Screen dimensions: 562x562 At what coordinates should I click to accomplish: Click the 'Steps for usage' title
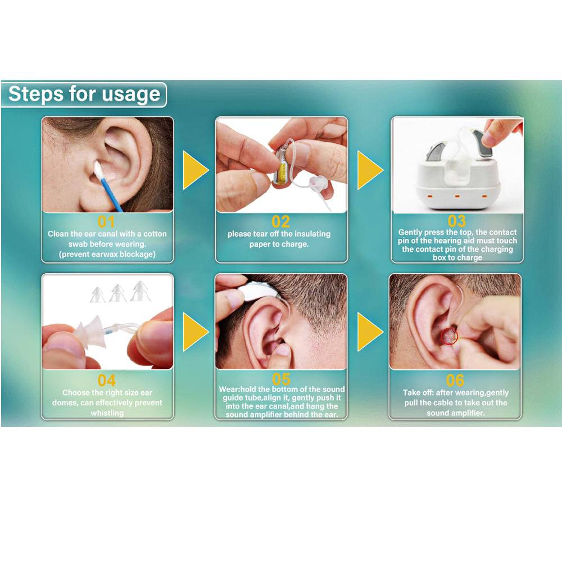84,94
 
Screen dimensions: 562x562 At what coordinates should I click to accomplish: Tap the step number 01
106,222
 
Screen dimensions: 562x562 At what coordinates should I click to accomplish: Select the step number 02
280,222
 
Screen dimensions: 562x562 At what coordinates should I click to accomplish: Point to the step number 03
456,221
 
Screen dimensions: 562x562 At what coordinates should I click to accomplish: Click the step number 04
106,380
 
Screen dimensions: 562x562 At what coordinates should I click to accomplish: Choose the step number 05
281,379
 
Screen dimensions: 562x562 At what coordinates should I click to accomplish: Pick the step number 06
455,380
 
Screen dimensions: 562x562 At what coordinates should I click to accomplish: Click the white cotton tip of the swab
98,171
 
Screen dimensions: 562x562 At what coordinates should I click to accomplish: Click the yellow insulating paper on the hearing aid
280,171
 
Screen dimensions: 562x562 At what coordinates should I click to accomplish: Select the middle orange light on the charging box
457,196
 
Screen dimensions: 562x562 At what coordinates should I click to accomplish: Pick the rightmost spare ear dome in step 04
140,291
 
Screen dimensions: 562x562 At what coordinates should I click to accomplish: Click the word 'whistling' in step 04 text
107,413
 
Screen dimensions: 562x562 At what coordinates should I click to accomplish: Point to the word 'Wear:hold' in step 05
237,389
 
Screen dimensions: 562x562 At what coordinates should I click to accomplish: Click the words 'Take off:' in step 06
418,393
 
